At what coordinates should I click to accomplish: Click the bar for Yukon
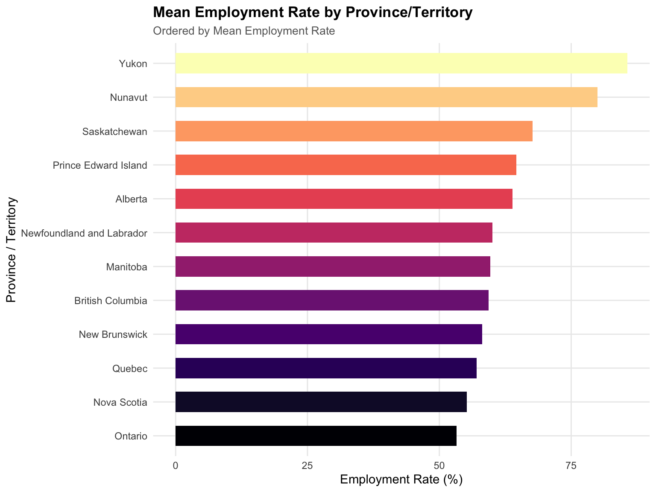[401, 63]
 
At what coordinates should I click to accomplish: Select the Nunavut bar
[387, 97]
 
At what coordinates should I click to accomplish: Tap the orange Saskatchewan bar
[354, 131]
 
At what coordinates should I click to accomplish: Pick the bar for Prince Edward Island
[346, 165]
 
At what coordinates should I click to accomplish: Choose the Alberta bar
[344, 199]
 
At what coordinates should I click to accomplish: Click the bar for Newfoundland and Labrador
[334, 232]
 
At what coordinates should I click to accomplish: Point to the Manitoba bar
[333, 266]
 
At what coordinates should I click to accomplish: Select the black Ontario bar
[316, 436]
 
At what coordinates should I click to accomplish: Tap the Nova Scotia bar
[321, 402]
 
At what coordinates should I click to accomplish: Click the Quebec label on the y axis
[130, 369]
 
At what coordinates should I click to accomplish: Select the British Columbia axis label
[111, 301]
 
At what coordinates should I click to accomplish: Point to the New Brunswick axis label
[113, 334]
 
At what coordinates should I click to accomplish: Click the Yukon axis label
[133, 64]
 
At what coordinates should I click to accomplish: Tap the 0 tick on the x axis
[176, 466]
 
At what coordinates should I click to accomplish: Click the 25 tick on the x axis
[307, 466]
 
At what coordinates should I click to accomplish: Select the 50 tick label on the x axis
[439, 466]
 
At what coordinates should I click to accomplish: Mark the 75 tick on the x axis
[571, 466]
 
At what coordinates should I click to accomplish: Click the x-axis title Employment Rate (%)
[401, 480]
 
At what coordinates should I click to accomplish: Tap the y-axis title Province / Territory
[11, 250]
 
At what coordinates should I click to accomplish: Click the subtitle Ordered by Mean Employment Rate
[244, 31]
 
